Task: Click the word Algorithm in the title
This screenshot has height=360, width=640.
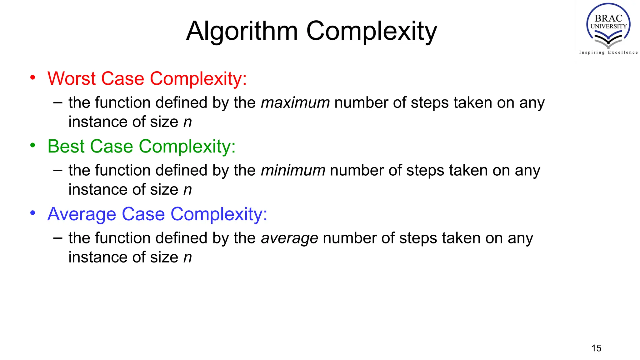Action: pyautogui.click(x=242, y=31)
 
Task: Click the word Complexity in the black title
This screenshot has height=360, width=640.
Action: pyautogui.click(x=372, y=31)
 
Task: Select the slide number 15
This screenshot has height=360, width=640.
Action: pyautogui.click(x=596, y=348)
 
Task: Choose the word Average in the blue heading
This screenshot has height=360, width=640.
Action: pyautogui.click(x=82, y=214)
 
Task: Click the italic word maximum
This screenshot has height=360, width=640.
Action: pyautogui.click(x=295, y=103)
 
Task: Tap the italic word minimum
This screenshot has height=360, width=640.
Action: pyautogui.click(x=293, y=171)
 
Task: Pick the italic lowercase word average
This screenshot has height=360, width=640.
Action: pyautogui.click(x=289, y=238)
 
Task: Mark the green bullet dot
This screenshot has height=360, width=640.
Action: pyautogui.click(x=33, y=145)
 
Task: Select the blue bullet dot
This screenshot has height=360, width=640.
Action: pyautogui.click(x=33, y=213)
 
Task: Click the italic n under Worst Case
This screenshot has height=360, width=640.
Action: pyautogui.click(x=187, y=122)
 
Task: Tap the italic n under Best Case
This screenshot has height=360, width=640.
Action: pyautogui.click(x=187, y=190)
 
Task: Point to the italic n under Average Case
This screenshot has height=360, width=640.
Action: pyautogui.click(x=187, y=258)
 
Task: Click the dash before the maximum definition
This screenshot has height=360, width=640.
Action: pyautogui.click(x=58, y=102)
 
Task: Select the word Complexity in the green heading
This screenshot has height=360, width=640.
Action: pyautogui.click(x=187, y=146)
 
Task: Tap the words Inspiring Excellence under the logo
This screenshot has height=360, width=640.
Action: pyautogui.click(x=608, y=52)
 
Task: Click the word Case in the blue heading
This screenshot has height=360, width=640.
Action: pyautogui.click(x=143, y=214)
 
